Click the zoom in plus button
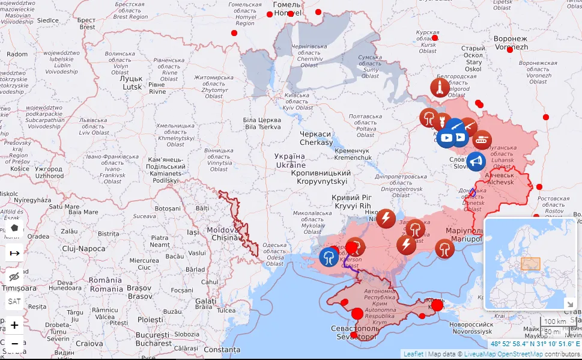point(14,325)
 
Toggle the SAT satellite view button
point(14,301)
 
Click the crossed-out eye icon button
point(14,276)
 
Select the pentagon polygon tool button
point(14,228)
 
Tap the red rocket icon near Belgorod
point(440,88)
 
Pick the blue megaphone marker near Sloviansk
point(476,162)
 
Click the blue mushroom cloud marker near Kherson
point(329,257)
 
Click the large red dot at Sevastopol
point(357,313)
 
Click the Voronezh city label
point(511,43)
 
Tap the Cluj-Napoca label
point(84,248)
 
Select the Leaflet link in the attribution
point(413,354)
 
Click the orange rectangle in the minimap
point(530,264)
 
